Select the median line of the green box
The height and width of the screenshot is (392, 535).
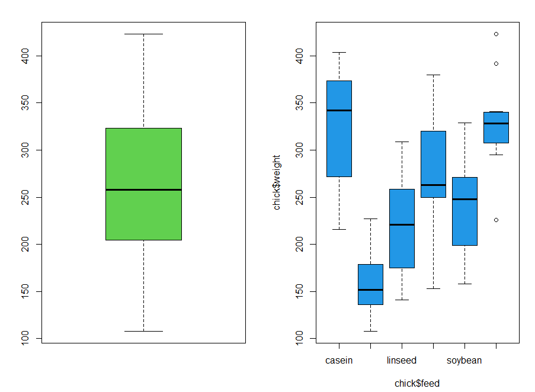point(143,189)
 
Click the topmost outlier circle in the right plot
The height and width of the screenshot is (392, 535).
point(496,34)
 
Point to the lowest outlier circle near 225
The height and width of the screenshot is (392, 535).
point(496,220)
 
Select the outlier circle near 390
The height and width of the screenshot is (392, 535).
point(496,63)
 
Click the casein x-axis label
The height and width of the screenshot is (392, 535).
point(339,360)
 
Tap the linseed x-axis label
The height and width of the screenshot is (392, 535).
point(402,360)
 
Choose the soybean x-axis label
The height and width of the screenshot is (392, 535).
point(464,360)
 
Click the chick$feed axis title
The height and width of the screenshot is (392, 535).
point(417,383)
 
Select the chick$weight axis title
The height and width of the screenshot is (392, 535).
point(277,182)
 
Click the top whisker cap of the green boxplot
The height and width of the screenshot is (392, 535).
point(143,34)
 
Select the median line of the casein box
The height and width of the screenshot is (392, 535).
point(339,110)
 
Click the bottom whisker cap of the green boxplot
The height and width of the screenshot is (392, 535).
point(143,331)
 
